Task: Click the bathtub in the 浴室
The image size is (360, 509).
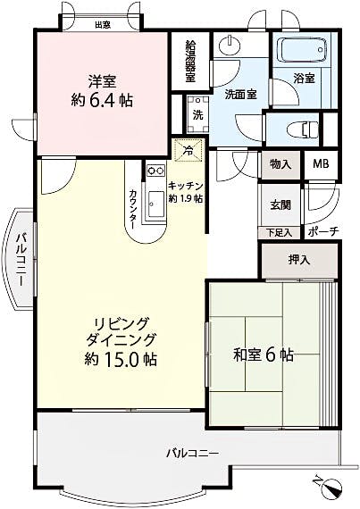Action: click(x=302, y=50)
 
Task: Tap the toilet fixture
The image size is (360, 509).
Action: click(x=303, y=129)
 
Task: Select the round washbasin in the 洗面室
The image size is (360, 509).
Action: click(x=230, y=46)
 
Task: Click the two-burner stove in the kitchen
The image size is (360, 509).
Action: click(x=155, y=170)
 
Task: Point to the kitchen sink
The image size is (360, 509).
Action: click(x=156, y=204)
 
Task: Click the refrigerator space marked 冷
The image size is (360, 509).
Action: click(x=188, y=150)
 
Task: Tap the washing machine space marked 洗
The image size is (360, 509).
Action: click(x=197, y=114)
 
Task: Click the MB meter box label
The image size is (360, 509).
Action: click(x=321, y=164)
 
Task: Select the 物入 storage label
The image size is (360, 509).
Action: click(x=280, y=164)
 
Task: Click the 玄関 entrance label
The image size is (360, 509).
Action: click(x=280, y=205)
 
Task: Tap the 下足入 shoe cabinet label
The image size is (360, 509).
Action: click(x=280, y=232)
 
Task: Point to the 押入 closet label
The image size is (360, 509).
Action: click(x=299, y=260)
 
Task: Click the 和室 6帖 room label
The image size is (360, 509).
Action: click(x=264, y=355)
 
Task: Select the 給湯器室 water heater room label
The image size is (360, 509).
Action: click(x=190, y=61)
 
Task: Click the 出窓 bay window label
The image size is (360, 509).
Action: click(x=103, y=25)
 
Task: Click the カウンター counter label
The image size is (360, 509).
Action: click(x=133, y=208)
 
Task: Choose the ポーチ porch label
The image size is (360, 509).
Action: click(x=323, y=231)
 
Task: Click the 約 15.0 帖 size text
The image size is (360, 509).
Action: click(x=121, y=359)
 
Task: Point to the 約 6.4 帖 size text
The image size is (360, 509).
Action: click(x=102, y=101)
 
